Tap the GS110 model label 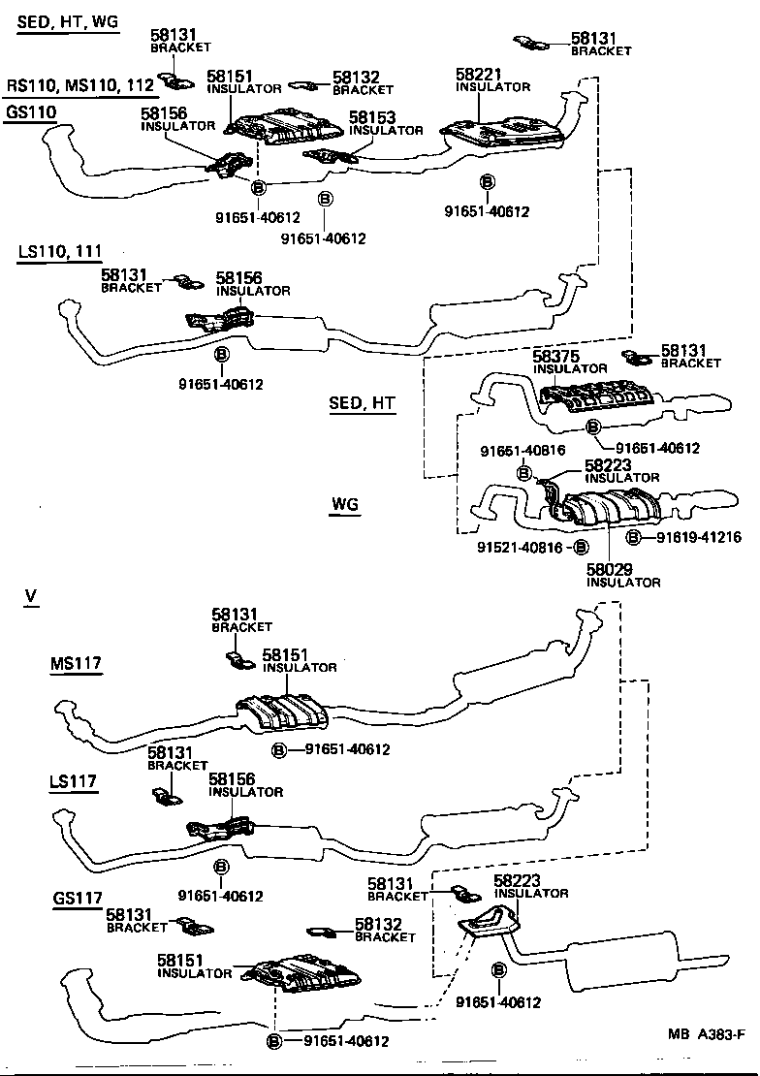[31, 111]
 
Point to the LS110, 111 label [59, 253]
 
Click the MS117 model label [77, 663]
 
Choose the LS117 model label [73, 781]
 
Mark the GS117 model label [78, 899]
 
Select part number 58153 [372, 118]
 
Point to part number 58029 [610, 570]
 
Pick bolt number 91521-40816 [522, 548]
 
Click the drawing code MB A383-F [705, 1060]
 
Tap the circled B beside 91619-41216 [634, 537]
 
